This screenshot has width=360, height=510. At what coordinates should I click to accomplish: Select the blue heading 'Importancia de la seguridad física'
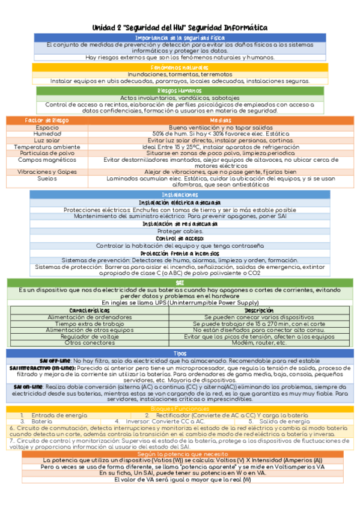coord(180,38)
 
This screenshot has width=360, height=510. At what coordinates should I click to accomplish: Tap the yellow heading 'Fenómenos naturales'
coord(180,67)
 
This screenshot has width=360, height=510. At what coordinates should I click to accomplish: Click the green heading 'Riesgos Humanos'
coord(180,90)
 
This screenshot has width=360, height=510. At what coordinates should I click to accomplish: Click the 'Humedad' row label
coord(47,134)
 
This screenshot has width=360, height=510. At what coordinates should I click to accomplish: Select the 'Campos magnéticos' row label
coord(47,160)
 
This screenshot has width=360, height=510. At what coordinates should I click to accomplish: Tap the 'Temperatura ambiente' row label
coord(47,147)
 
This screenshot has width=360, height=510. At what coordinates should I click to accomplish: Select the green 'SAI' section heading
coord(180,282)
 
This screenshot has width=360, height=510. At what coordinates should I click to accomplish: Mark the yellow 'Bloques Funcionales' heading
coord(180,409)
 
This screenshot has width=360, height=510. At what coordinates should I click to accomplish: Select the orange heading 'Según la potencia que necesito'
coord(180,437)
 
